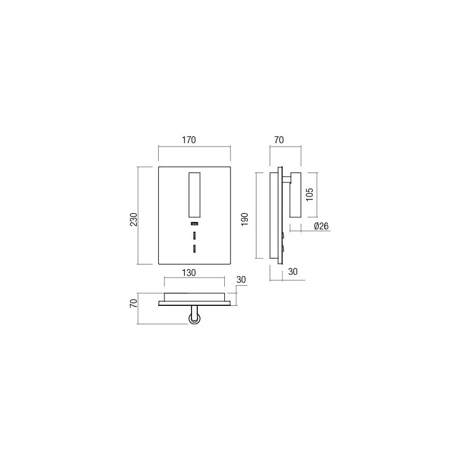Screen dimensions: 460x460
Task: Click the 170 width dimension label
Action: click(x=189, y=140)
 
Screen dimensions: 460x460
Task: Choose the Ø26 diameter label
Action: click(x=321, y=227)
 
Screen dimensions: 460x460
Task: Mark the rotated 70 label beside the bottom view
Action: click(x=133, y=305)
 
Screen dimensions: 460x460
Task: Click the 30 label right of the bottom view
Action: click(x=241, y=280)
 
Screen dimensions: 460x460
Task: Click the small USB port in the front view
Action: click(x=194, y=223)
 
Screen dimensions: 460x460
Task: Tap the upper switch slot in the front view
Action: click(x=194, y=236)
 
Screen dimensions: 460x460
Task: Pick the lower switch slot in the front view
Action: click(x=194, y=248)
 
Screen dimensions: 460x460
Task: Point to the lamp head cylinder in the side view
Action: click(x=296, y=194)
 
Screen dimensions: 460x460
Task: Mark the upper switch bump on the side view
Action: click(x=283, y=235)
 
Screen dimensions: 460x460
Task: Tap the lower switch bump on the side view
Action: click(x=283, y=248)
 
